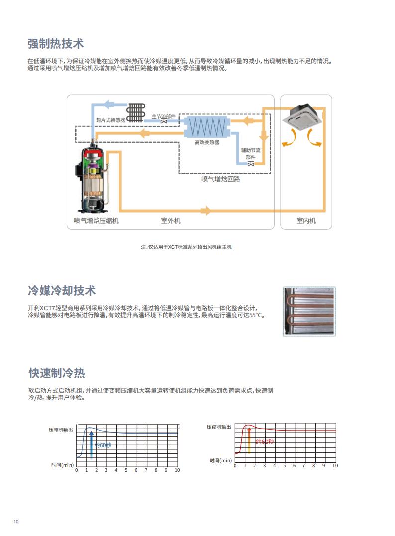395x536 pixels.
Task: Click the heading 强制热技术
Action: pos(55,44)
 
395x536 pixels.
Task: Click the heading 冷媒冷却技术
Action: pos(62,290)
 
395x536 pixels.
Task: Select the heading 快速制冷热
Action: pos(56,373)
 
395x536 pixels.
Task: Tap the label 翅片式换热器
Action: pos(111,120)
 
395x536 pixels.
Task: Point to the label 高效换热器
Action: pos(207,142)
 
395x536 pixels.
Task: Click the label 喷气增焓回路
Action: pos(221,179)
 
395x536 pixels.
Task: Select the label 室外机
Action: pos(171,221)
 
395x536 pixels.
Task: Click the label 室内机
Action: pos(306,221)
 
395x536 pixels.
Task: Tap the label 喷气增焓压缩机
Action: pos(96,221)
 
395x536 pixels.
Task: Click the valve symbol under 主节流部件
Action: pos(164,121)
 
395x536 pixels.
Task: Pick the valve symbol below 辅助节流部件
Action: pos(251,164)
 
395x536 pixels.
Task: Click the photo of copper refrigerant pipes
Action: pos(309,312)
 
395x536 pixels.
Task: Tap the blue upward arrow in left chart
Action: pos(91,444)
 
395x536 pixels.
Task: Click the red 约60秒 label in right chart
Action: pos(265,442)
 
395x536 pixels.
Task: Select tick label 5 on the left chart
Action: pos(126,470)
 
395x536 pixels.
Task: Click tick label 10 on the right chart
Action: pos(335,466)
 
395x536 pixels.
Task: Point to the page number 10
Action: pos(16,521)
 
